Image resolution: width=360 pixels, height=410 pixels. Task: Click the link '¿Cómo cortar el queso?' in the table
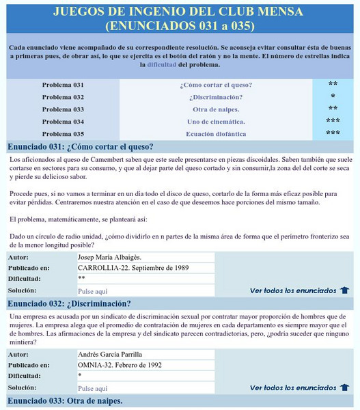coord(215,85)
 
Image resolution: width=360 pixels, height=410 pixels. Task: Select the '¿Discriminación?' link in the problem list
coord(215,97)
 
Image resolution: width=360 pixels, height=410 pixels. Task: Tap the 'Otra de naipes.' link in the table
coord(215,109)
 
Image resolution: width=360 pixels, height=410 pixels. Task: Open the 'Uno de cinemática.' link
coord(215,122)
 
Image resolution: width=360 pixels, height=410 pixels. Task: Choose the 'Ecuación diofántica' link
coord(215,134)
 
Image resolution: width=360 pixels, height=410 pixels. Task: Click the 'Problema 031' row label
coord(63,85)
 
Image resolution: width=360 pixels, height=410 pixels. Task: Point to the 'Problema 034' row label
coord(63,122)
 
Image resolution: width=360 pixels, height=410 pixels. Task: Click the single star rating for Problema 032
coord(333,97)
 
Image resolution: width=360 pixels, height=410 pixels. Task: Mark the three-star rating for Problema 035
coord(333,133)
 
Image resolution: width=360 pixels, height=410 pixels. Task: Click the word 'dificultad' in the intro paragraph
coord(162,65)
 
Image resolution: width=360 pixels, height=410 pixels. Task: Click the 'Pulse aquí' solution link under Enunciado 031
coord(93,291)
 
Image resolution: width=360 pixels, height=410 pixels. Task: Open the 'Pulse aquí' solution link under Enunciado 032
coord(93,387)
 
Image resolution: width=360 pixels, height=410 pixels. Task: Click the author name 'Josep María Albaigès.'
coord(113,257)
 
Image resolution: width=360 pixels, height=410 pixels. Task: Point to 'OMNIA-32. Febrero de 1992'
coord(121,366)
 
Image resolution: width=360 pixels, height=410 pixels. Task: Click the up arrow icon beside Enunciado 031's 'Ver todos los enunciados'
coord(344,290)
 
